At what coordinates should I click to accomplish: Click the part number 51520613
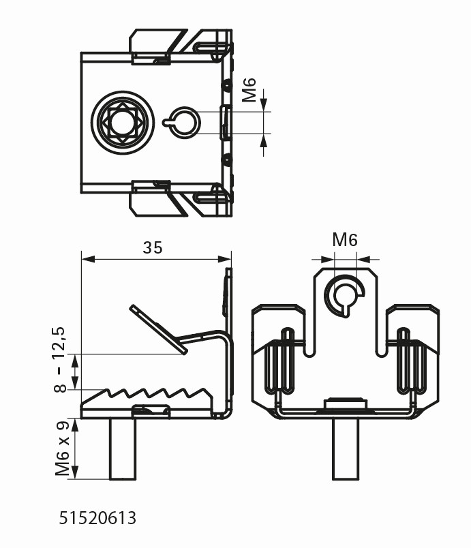point(97,519)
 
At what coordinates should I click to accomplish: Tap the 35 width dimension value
point(153,247)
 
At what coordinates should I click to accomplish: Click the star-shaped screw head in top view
point(121,122)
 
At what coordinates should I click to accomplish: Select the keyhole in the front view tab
point(345,294)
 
